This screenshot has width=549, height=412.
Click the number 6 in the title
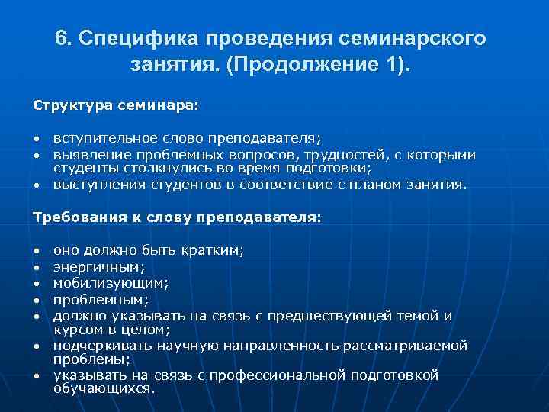(x=62, y=38)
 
